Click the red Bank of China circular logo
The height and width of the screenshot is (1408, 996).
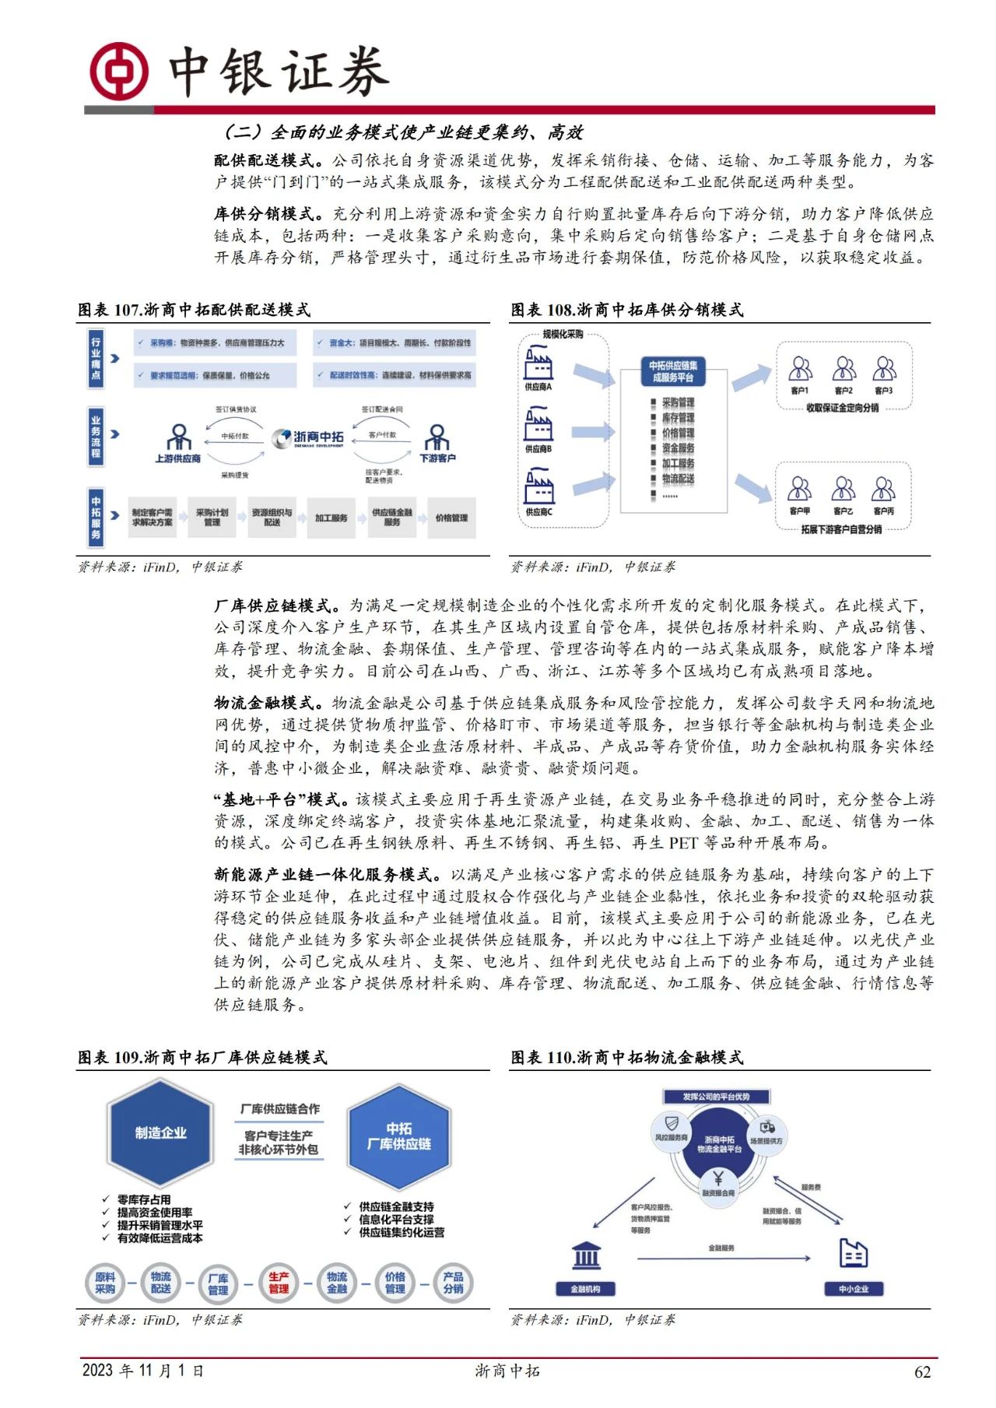(118, 70)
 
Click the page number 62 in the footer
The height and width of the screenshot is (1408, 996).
(922, 1372)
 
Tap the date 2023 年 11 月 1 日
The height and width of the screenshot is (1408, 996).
(143, 1371)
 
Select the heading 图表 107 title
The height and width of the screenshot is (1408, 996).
(194, 310)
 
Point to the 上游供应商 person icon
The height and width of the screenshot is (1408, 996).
(179, 437)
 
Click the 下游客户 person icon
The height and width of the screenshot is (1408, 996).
(437, 437)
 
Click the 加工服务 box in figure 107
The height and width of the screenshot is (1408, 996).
(331, 518)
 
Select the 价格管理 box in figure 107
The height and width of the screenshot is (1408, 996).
(451, 518)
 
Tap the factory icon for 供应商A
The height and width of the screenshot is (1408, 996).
(538, 363)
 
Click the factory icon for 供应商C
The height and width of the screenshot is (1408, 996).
(538, 488)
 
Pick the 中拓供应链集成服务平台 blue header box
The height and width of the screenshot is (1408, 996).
(673, 371)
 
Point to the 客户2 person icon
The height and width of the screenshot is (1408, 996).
(843, 368)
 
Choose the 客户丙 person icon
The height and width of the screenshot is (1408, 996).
(883, 489)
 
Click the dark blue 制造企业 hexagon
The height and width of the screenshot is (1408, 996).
(160, 1133)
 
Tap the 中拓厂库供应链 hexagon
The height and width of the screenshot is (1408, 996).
(398, 1136)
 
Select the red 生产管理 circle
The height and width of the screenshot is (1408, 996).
(279, 1283)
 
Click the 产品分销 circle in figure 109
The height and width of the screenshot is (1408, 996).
(453, 1283)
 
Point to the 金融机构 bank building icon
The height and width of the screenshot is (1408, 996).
(586, 1255)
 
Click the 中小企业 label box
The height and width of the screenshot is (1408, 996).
(854, 1289)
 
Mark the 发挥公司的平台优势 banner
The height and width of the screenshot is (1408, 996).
(716, 1097)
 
